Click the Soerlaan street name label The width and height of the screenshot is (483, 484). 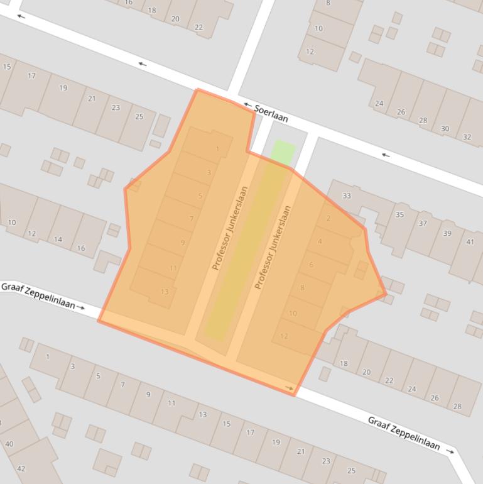click(271, 113)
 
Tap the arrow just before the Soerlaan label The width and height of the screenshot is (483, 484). click(247, 105)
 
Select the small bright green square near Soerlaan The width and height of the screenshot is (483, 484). click(283, 152)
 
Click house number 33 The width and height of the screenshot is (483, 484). click(346, 196)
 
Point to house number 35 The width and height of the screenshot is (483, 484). click(399, 215)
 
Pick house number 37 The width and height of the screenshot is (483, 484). click(423, 224)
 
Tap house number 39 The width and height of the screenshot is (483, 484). click(447, 233)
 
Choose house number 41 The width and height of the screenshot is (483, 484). click(470, 242)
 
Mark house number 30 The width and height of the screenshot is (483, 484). click(445, 129)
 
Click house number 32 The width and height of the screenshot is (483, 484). click(467, 137)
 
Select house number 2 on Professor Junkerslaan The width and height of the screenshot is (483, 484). click(328, 219)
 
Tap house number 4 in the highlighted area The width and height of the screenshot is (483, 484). click(320, 241)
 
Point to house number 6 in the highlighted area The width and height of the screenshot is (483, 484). click(311, 265)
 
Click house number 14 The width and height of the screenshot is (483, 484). click(58, 239)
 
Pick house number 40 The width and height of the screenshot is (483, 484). click(9, 444)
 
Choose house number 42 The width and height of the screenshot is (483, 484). click(21, 469)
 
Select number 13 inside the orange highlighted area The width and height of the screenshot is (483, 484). click(165, 292)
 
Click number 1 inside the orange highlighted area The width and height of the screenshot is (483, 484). click(217, 149)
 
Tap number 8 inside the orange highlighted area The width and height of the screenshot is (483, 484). click(302, 288)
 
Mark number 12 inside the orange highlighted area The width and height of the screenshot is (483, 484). click(284, 336)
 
